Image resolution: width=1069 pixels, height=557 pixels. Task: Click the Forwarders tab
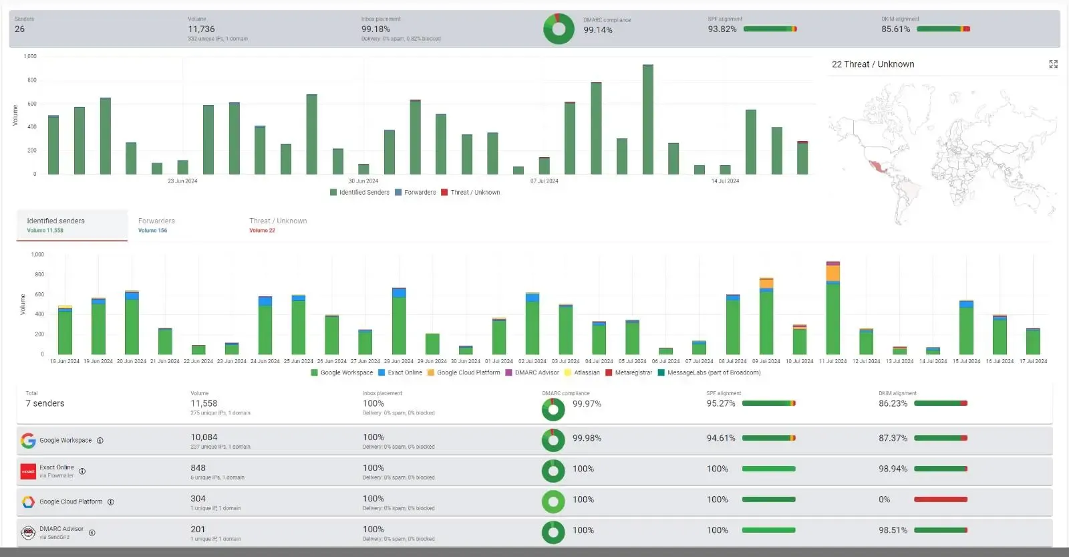156,225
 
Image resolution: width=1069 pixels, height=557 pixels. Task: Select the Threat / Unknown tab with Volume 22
278,225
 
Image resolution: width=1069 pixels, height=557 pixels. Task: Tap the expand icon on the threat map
1053,64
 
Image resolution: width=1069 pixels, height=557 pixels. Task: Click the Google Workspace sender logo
28,441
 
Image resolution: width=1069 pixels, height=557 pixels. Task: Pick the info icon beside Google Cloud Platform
111,502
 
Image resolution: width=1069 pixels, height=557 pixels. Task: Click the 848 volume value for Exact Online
198,468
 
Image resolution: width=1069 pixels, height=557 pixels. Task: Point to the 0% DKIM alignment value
884,499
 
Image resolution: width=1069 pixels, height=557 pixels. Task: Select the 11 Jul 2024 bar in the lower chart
832,309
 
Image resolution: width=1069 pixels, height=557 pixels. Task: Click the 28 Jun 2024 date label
399,361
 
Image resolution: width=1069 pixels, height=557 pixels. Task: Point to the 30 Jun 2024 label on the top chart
363,181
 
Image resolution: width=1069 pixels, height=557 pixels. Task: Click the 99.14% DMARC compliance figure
598,30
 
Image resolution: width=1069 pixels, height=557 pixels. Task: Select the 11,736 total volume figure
201,29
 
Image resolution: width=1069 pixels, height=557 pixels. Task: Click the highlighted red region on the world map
875,166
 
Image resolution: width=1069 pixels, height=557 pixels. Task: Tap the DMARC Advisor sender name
61,529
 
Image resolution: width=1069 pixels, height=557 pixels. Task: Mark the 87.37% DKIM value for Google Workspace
893,438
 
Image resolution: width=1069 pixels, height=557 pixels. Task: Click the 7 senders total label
45,403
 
